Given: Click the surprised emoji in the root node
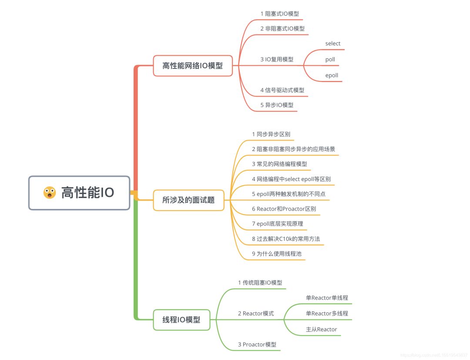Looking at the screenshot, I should coord(50,192).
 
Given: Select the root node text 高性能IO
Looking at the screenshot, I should coord(87,192).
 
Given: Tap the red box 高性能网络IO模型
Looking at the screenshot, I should coord(192,66).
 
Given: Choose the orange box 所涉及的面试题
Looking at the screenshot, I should coord(188,200).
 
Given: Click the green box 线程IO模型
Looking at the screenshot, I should coord(181,320).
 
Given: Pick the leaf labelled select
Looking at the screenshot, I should coord(333,44).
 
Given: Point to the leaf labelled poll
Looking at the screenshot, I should coord(330,59).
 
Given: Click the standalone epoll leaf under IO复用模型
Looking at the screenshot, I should coord(332,75).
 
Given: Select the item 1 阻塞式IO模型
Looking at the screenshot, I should coord(279,13).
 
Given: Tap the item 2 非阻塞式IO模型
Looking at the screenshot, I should coord(282,29).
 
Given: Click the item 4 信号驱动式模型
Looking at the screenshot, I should coord(282,90).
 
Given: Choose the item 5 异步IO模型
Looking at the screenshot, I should coord(277,105).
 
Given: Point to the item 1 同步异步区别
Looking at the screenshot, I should coord(271,134).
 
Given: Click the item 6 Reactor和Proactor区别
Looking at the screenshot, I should coord(284,209).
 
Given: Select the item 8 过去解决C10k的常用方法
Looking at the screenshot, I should coord(286,239).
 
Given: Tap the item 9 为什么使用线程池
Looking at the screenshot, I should coord(276,253).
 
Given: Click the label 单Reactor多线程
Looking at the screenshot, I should coord(327,313).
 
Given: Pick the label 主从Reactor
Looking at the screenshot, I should coord(322,330).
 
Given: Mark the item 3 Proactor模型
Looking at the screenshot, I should coord(257,344).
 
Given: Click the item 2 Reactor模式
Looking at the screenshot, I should coord(256,313).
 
